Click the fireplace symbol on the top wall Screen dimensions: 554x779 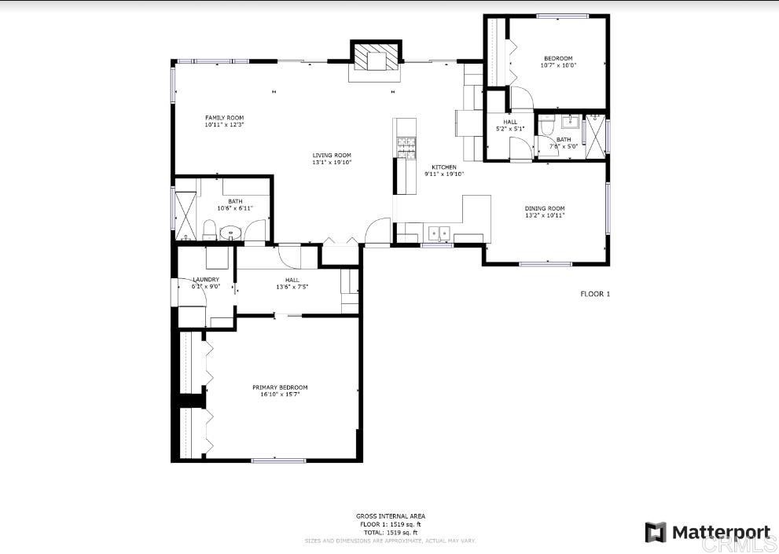[x=375, y=59]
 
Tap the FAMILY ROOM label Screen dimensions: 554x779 [x=224, y=118]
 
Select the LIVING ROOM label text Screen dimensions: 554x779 [x=332, y=156]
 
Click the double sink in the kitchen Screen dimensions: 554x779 [x=438, y=233]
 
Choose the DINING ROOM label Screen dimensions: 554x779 [x=545, y=208]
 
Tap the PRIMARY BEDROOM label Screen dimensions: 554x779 [x=280, y=387]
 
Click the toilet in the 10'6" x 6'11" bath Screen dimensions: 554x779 [x=210, y=230]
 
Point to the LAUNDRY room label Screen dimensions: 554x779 [x=206, y=279]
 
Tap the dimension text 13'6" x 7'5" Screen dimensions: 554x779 [x=292, y=287]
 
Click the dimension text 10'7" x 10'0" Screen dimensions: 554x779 [x=558, y=65]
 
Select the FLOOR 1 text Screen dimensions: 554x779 [x=595, y=294]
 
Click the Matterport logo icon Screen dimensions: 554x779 [x=656, y=532]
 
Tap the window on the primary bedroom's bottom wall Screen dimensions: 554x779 [x=278, y=460]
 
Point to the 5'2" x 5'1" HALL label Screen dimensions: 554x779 [x=510, y=123]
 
